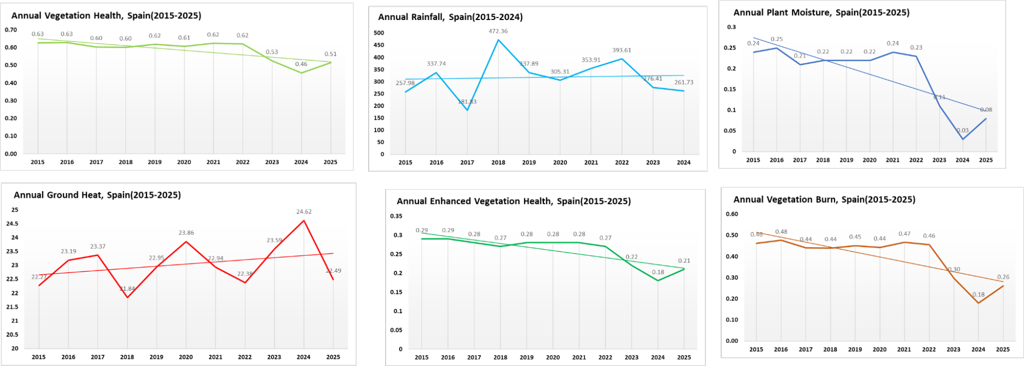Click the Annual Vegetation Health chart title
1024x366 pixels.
pos(106,15)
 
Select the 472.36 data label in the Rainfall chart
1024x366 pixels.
pos(498,31)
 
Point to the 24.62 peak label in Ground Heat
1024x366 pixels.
pos(304,212)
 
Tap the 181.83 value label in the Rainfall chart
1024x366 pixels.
pos(467,102)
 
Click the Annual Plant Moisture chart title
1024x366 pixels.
pos(821,12)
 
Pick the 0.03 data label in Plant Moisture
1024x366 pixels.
pos(963,131)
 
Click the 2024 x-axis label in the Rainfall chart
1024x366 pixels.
pos(683,162)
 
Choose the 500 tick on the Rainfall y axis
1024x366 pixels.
pos(379,33)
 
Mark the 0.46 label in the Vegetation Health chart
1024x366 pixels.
pos(301,64)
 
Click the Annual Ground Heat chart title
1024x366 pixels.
pos(97,195)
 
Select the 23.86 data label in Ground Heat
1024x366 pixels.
pos(186,233)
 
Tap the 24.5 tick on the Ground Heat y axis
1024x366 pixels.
pos(12,224)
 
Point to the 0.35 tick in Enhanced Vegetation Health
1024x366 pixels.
pos(396,216)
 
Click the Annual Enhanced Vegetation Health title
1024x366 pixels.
pos(513,201)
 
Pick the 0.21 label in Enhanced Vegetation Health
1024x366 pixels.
pos(684,261)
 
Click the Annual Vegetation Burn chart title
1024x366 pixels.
pos(824,199)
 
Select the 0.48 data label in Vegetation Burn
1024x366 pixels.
pos(781,232)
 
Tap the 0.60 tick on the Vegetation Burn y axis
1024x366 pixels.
pos(732,214)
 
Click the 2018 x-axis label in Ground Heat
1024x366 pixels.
pos(127,357)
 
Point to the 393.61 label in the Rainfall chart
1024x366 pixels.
pos(621,50)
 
